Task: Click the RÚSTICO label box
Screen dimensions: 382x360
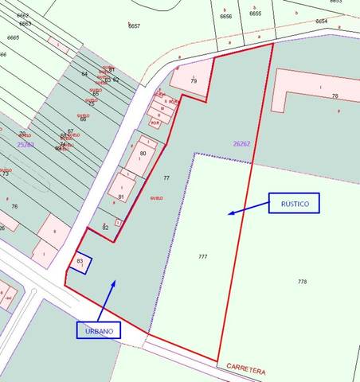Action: (294, 203)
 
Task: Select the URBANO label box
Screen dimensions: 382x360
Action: (99, 329)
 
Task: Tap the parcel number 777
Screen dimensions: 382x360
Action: (202, 256)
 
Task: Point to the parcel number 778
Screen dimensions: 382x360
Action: (302, 282)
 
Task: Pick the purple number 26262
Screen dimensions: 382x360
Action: (241, 144)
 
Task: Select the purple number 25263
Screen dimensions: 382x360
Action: (25, 144)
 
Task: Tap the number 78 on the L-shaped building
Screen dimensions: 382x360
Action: (335, 96)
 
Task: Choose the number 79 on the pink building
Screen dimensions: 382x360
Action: (194, 80)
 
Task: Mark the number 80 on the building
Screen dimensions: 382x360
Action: (143, 153)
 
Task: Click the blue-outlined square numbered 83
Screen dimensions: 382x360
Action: (80, 262)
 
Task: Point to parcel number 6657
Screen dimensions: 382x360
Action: (134, 26)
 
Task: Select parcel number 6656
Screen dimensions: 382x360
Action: (226, 15)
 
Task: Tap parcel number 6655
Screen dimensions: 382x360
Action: (255, 14)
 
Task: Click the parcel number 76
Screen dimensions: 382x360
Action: (14, 207)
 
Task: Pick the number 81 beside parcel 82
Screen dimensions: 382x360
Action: (121, 197)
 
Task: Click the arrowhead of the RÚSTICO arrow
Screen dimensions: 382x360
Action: (229, 212)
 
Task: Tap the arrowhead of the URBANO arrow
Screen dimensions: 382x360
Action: (115, 282)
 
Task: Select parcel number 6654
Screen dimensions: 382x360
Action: (321, 21)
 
